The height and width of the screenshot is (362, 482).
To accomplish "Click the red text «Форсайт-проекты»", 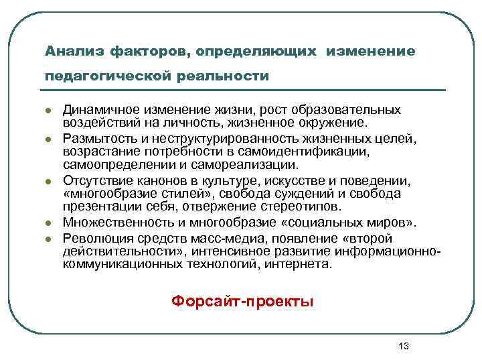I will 242,300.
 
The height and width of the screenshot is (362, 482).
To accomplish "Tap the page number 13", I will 402,346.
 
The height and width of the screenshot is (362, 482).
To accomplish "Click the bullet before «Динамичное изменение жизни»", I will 49,111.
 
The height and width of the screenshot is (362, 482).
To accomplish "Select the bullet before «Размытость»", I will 49,139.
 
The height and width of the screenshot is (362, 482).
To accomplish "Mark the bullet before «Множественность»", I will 49,224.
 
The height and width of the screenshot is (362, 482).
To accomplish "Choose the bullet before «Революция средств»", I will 49,239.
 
